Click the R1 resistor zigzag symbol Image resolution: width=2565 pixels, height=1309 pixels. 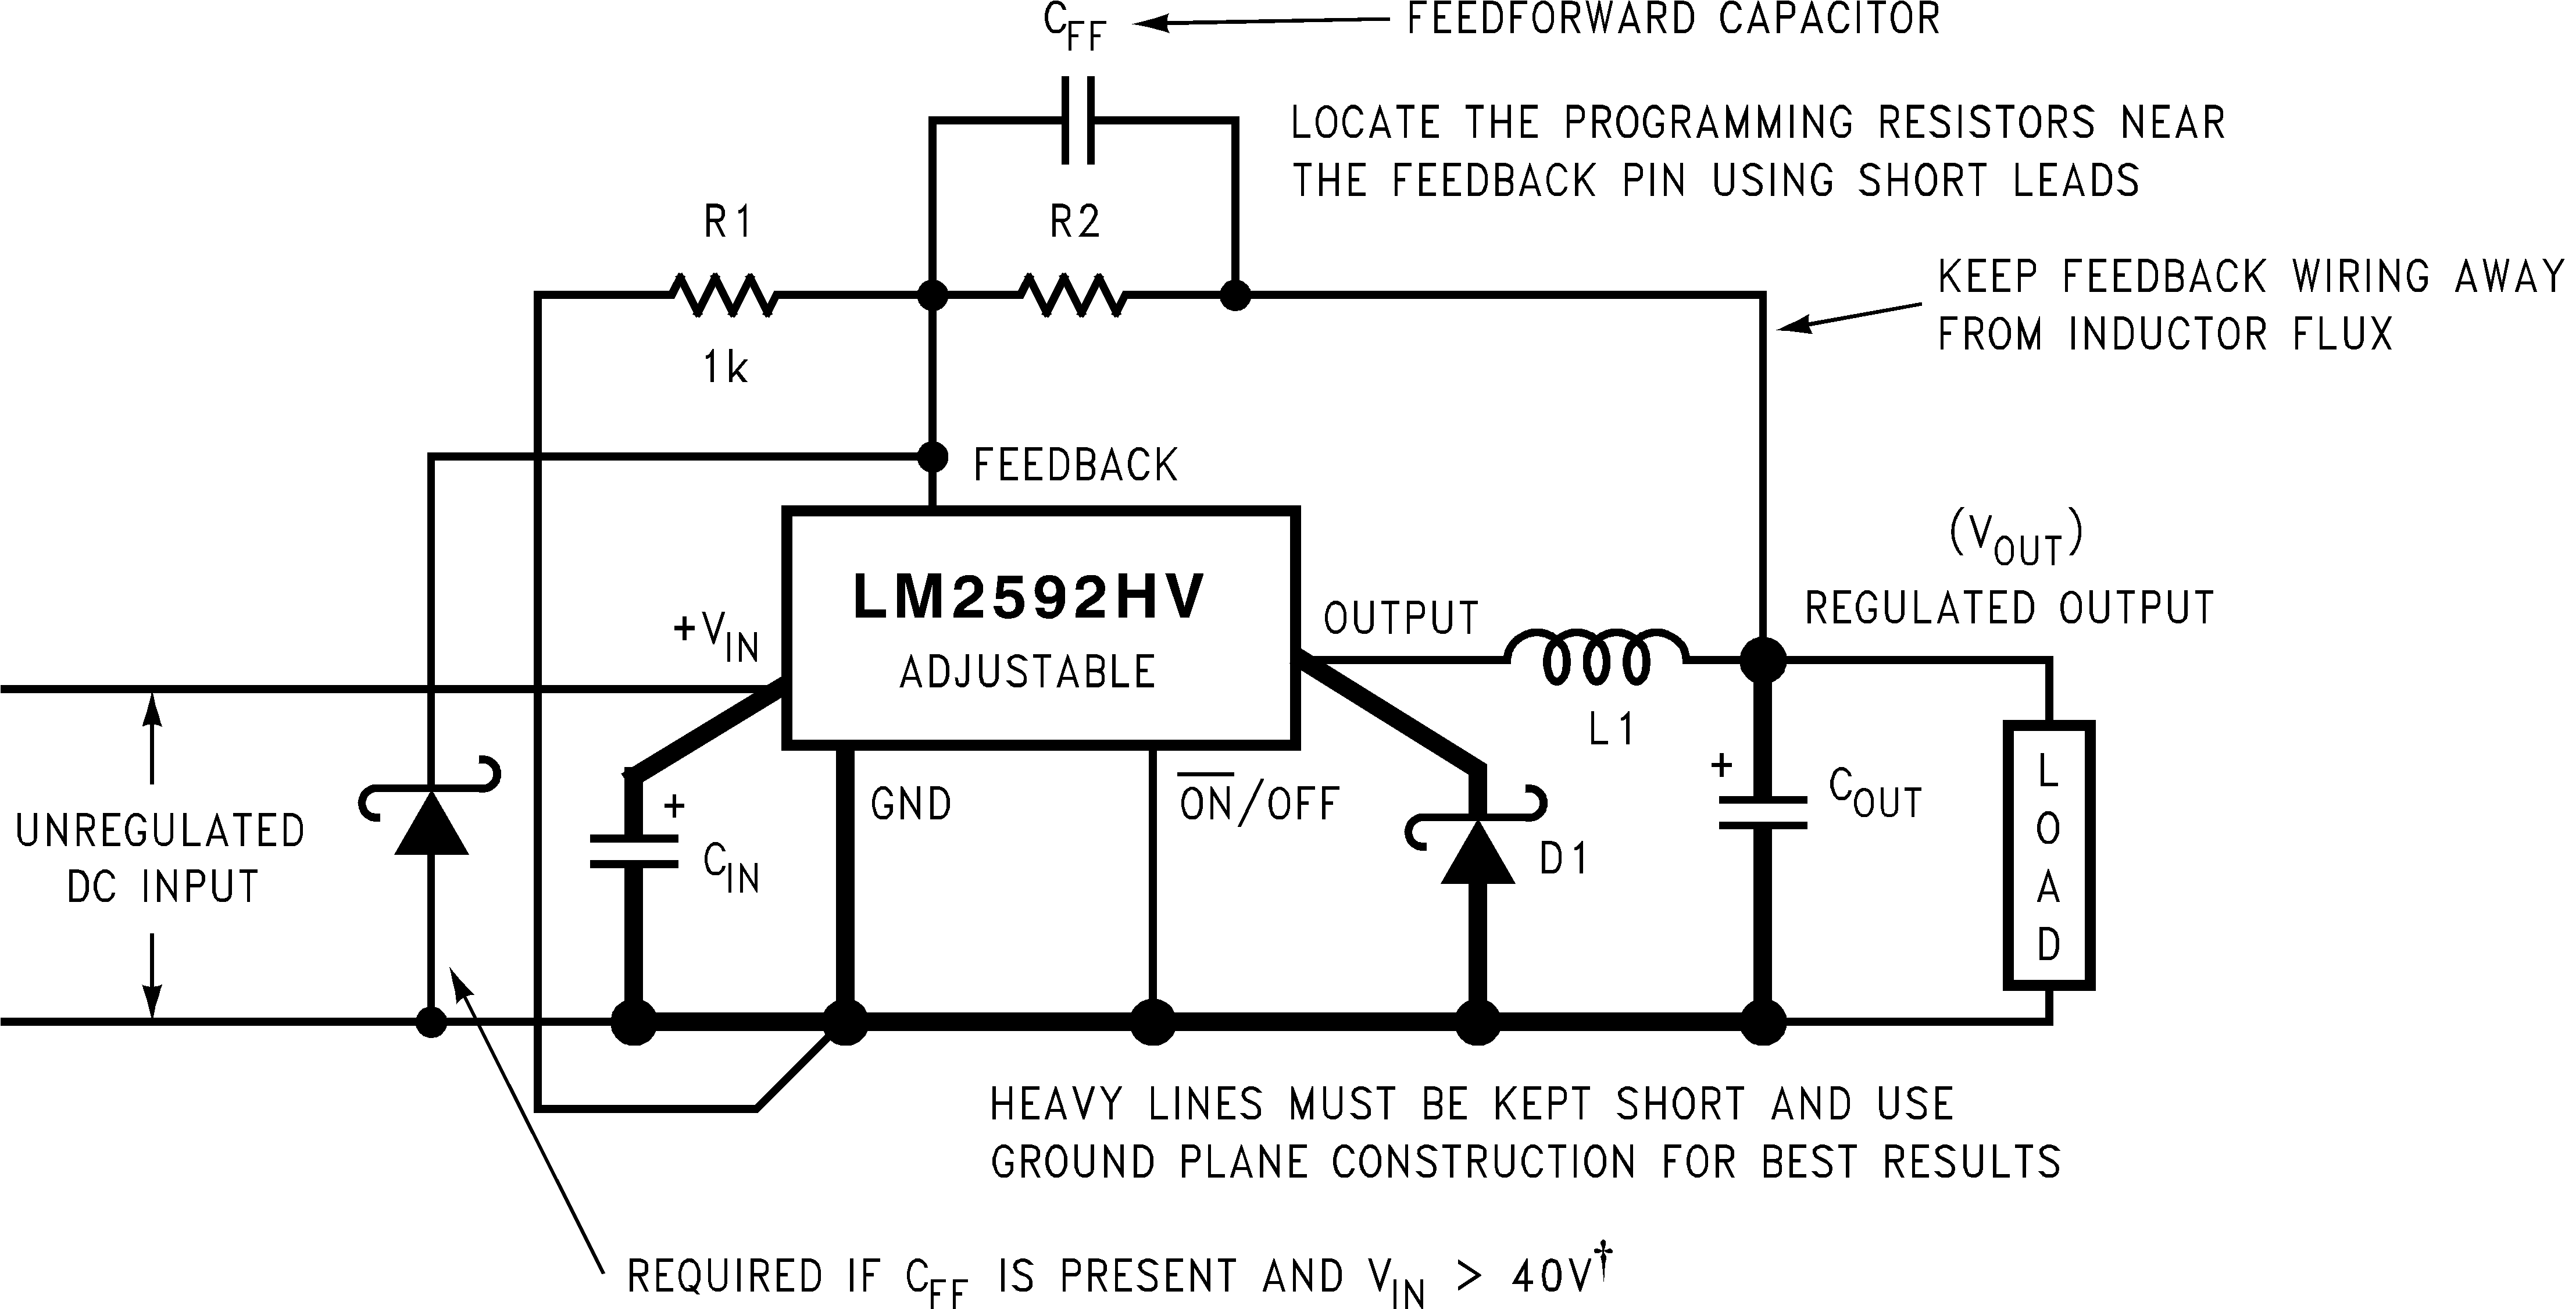tap(724, 295)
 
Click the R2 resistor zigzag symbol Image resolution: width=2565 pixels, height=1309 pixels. tap(1073, 295)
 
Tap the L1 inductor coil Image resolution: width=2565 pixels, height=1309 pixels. tap(1596, 658)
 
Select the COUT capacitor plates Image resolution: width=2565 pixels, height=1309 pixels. tap(1763, 812)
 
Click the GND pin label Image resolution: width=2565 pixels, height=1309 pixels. tap(911, 804)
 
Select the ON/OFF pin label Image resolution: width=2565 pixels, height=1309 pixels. tap(1259, 803)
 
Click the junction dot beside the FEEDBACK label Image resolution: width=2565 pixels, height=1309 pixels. tap(932, 457)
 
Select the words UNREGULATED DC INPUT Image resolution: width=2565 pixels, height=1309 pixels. tap(160, 858)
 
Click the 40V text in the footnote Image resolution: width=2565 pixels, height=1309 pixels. tap(1551, 1276)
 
